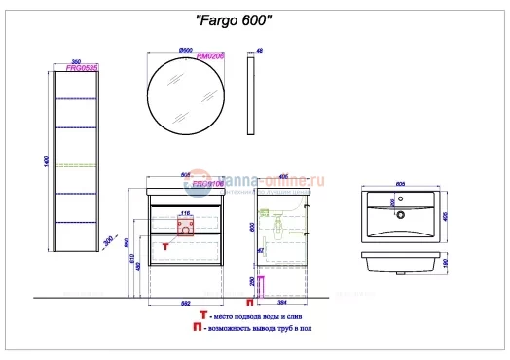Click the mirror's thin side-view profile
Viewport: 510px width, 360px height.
252,95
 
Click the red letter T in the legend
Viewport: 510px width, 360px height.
201,316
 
